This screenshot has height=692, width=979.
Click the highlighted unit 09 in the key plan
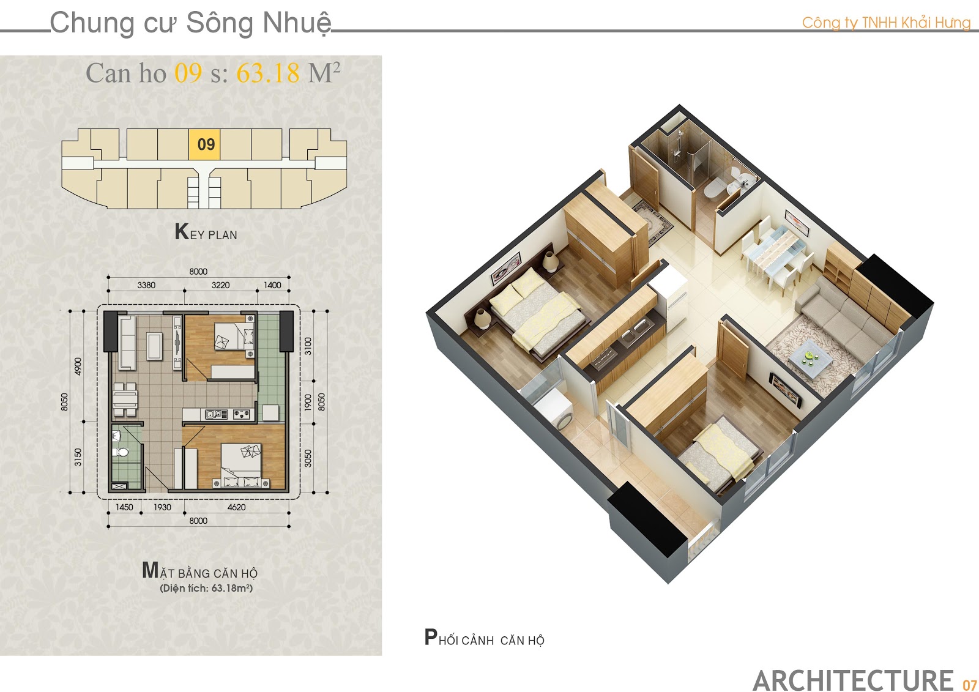pyautogui.click(x=204, y=144)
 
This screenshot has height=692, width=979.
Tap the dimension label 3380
pyautogui.click(x=146, y=285)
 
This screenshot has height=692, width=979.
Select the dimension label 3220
pyautogui.click(x=220, y=285)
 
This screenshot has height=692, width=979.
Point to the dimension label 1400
pyautogui.click(x=272, y=285)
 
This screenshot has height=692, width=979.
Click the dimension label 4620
pyautogui.click(x=236, y=507)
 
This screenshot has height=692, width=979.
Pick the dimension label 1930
pyautogui.click(x=162, y=507)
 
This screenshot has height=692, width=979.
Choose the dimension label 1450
pyautogui.click(x=124, y=507)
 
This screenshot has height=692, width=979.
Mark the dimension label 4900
pyautogui.click(x=78, y=366)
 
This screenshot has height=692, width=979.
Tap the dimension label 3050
pyautogui.click(x=308, y=458)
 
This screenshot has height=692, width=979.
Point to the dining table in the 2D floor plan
pyautogui.click(x=125, y=400)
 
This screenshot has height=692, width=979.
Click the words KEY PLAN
pyautogui.click(x=206, y=232)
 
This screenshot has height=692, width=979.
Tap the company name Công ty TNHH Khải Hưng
pyautogui.click(x=886, y=23)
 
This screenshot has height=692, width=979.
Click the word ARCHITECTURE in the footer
pyautogui.click(x=853, y=680)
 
